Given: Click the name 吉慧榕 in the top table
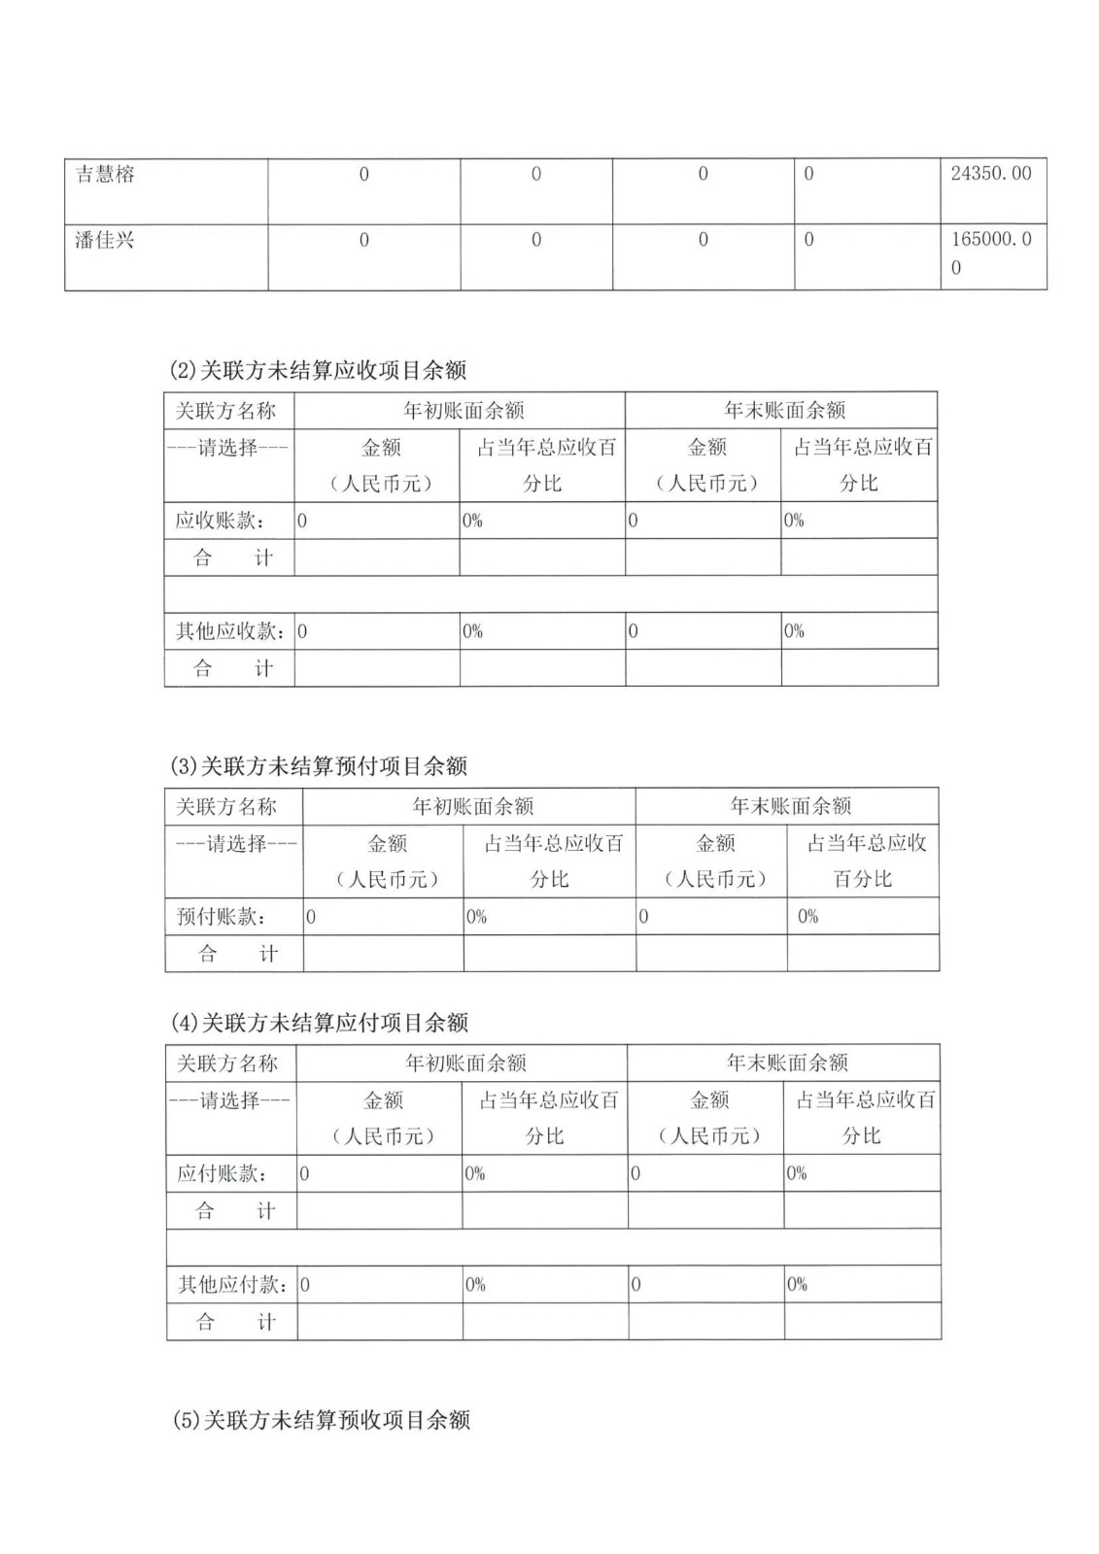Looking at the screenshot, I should tap(105, 175).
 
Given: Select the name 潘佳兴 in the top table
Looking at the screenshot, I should tap(105, 240).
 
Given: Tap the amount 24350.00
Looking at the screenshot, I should tap(991, 174).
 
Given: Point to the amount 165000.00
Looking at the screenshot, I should tap(991, 252).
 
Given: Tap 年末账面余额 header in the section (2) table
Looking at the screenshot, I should tap(785, 410).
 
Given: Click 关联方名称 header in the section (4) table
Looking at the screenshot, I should tap(227, 1064).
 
